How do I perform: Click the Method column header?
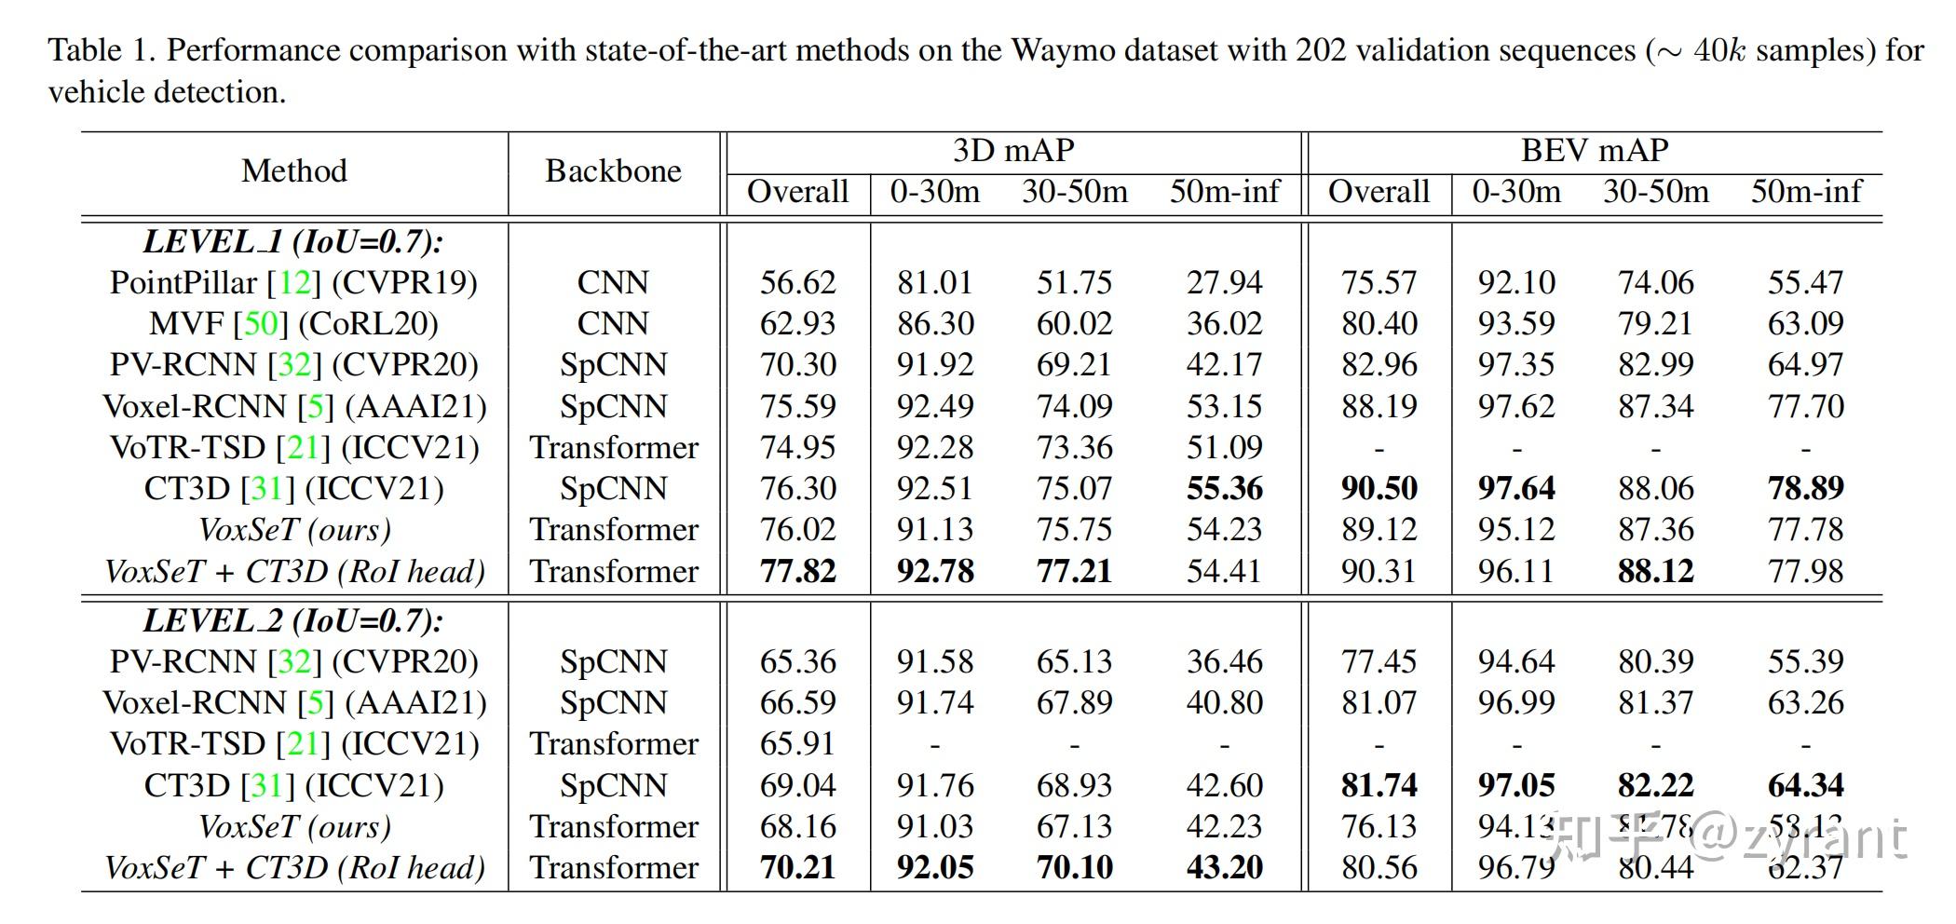[x=293, y=171]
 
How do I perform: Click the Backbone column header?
[x=613, y=171]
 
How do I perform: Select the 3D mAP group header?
[x=1013, y=151]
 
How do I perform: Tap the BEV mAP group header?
[x=1595, y=151]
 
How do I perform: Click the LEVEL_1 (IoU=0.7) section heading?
[x=293, y=242]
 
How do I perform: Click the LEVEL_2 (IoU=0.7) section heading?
[x=293, y=621]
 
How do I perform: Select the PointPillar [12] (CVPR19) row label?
[x=293, y=283]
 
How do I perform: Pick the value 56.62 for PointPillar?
[x=797, y=283]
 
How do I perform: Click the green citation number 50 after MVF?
[x=261, y=324]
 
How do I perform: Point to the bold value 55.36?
[x=1224, y=489]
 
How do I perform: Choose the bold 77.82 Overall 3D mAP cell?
[x=797, y=571]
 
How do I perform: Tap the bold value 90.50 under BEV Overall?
[x=1379, y=489]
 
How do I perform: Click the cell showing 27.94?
[x=1224, y=283]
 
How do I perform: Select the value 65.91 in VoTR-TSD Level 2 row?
[x=797, y=744]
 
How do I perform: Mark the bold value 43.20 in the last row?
[x=1224, y=868]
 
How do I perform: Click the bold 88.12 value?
[x=1655, y=571]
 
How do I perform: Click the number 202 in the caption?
[x=1321, y=50]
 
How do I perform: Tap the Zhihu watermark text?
[x=1723, y=836]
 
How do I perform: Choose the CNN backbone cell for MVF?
[x=613, y=324]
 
